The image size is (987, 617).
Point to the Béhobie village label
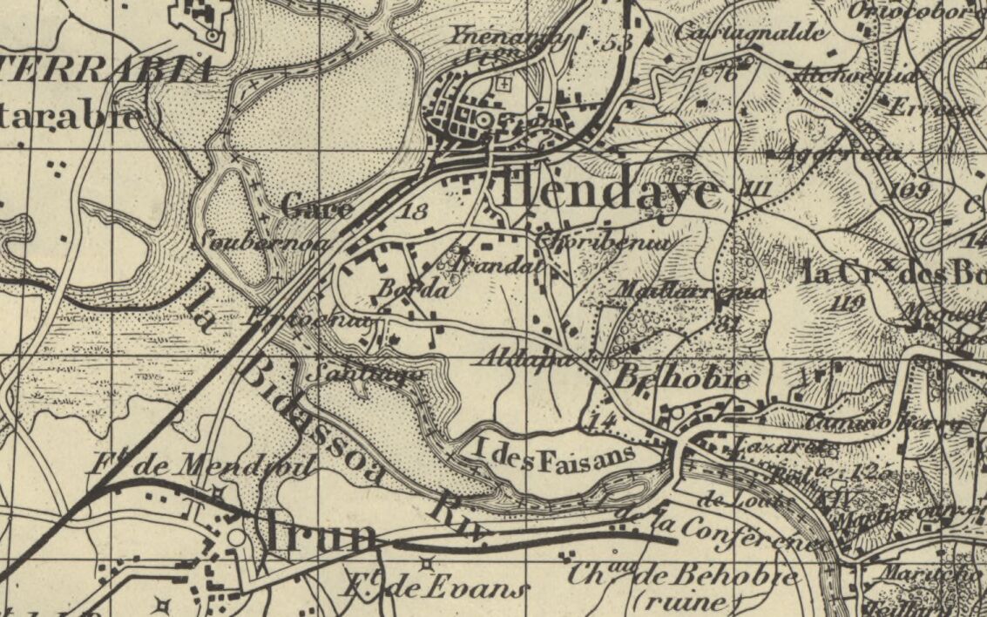[682, 380]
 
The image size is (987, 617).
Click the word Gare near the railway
[317, 208]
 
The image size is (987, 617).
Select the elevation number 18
[416, 210]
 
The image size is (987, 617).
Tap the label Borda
[414, 289]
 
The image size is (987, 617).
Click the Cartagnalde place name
[750, 32]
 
